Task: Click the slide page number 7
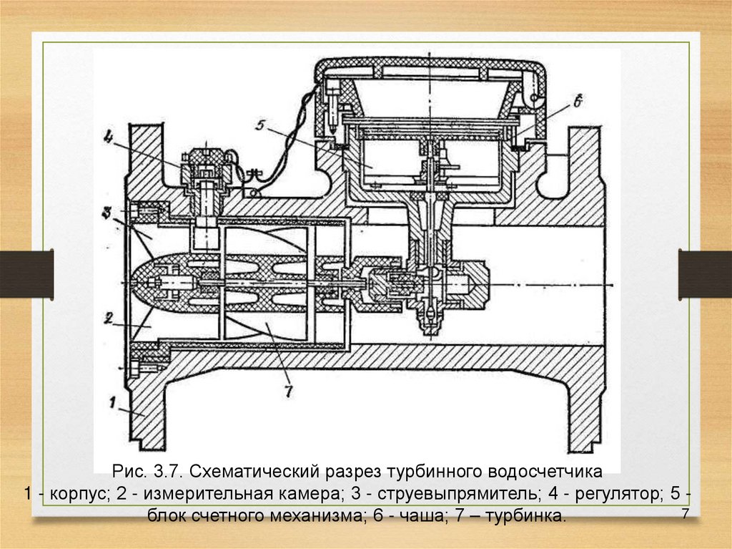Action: pyautogui.click(x=685, y=515)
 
